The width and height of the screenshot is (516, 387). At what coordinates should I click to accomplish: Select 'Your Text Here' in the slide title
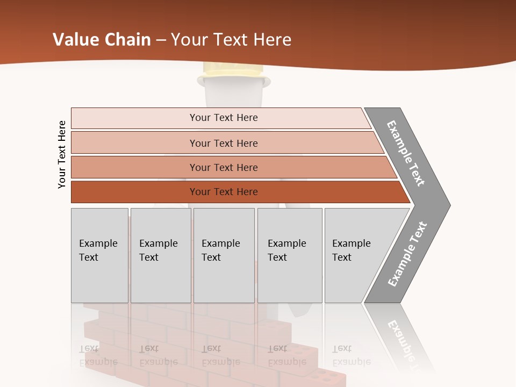tap(231, 40)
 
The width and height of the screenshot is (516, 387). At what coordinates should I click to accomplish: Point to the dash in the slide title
tap(161, 40)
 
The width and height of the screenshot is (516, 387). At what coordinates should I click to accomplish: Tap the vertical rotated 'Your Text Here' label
tap(62, 154)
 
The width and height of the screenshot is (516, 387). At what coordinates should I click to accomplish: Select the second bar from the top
tap(224, 143)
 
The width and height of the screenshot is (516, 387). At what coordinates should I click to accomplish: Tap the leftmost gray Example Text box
tap(99, 255)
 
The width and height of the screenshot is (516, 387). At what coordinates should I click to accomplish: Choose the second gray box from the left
tap(160, 255)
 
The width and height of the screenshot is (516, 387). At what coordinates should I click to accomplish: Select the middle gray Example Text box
tap(224, 255)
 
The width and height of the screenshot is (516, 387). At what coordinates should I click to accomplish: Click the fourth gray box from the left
tap(289, 255)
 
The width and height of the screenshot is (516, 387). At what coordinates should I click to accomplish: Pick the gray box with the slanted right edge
tap(357, 255)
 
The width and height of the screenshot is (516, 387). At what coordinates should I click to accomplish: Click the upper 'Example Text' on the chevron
tap(406, 153)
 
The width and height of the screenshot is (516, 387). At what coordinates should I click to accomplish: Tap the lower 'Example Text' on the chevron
tap(407, 254)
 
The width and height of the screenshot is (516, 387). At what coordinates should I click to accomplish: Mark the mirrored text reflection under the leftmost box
tap(98, 355)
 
